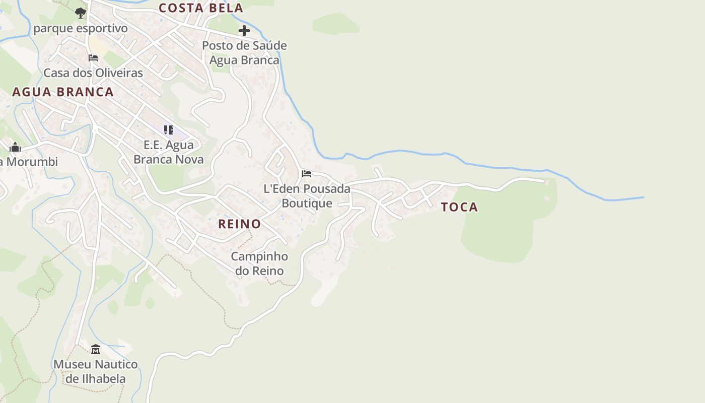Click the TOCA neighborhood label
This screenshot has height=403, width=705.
[459, 207]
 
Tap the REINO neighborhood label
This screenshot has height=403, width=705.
[239, 224]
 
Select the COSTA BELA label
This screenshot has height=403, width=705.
[201, 8]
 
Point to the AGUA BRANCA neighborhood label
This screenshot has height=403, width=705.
[63, 92]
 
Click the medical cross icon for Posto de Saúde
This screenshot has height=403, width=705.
[244, 31]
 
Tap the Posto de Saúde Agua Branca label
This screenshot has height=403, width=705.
[244, 53]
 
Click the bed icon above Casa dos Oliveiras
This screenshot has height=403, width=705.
[93, 58]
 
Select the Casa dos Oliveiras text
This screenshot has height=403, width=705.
[93, 73]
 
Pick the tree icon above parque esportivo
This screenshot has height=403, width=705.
[81, 13]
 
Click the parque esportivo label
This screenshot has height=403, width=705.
[81, 29]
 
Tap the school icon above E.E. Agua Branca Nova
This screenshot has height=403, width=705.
[169, 130]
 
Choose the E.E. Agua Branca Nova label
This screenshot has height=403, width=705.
[169, 153]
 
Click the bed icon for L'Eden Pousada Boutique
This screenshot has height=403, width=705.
[306, 174]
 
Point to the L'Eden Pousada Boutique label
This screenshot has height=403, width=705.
[307, 196]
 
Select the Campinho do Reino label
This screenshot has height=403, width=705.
[259, 263]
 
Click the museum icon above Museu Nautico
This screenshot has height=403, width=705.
[96, 349]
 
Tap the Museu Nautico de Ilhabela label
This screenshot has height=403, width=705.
[96, 371]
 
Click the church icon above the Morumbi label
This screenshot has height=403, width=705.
[15, 147]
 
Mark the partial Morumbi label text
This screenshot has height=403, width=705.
[29, 162]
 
